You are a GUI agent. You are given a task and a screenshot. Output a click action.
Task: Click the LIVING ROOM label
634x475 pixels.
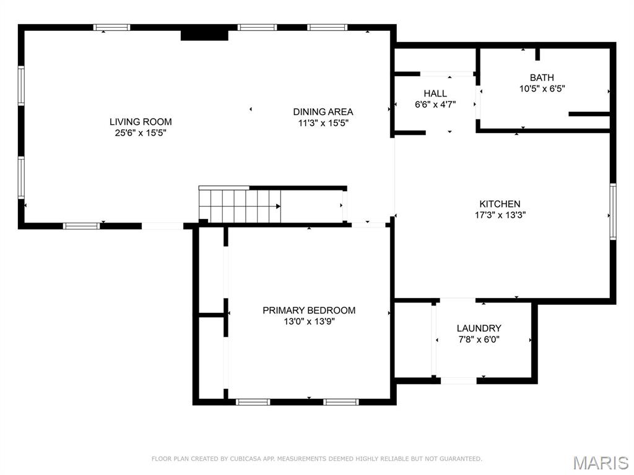[x=141, y=122]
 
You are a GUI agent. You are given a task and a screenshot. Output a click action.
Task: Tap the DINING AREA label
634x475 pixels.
[x=323, y=112]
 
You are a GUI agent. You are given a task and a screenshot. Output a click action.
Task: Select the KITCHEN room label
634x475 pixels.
[x=500, y=204]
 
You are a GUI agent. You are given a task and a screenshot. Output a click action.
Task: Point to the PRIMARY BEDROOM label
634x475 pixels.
[x=309, y=310]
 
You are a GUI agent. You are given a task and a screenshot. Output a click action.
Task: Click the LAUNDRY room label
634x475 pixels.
[x=479, y=328]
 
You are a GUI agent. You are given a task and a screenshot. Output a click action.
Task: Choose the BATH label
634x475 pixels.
[x=542, y=77]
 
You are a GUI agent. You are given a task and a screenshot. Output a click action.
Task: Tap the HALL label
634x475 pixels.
[x=435, y=94]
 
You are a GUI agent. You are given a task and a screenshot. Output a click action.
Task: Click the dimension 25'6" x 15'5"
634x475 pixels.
[x=141, y=133]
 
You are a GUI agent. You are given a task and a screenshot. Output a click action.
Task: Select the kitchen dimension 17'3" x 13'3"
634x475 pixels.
[x=500, y=215]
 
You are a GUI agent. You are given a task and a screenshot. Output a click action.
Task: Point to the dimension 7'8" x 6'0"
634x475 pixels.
[x=479, y=340]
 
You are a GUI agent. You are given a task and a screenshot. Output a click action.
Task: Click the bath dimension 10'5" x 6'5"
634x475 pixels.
[x=542, y=89]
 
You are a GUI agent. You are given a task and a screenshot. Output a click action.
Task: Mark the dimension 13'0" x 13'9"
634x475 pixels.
[x=310, y=322]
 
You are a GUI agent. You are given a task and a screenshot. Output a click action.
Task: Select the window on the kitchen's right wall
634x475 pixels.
[x=613, y=212]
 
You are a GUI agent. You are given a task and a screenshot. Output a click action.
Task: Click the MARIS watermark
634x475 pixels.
[x=601, y=463]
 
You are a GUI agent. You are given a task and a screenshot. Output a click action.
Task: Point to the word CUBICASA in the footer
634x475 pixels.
[x=245, y=459]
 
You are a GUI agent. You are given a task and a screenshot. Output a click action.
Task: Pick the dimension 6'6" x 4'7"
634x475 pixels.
[x=435, y=105]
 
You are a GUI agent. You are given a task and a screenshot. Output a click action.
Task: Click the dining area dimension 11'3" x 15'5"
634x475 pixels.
[x=323, y=123]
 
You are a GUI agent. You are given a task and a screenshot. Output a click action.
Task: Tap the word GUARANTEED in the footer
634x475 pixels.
[x=461, y=459]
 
